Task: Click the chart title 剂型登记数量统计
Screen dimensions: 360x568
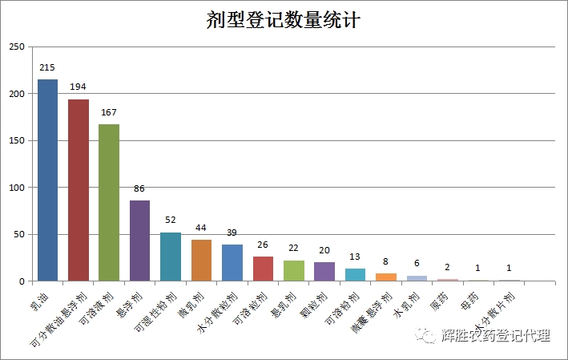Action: (284, 19)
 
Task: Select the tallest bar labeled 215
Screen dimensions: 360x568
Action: (47, 180)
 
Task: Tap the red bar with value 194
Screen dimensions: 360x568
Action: (79, 190)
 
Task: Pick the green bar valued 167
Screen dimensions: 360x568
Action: (109, 203)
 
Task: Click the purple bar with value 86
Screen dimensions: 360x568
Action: (140, 241)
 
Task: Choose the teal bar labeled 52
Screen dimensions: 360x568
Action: (171, 257)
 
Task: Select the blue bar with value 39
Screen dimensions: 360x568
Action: (232, 263)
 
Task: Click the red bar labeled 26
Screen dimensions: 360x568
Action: (263, 269)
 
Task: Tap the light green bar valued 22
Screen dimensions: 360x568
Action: (294, 271)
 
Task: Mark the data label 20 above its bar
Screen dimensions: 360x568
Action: (324, 249)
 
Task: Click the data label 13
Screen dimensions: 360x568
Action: (355, 257)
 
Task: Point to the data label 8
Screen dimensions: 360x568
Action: (386, 261)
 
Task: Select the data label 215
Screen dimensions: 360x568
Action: (47, 67)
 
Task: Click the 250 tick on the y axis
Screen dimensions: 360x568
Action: (17, 47)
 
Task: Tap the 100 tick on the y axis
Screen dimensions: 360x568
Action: (17, 188)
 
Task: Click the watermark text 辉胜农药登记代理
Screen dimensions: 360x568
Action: (496, 337)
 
